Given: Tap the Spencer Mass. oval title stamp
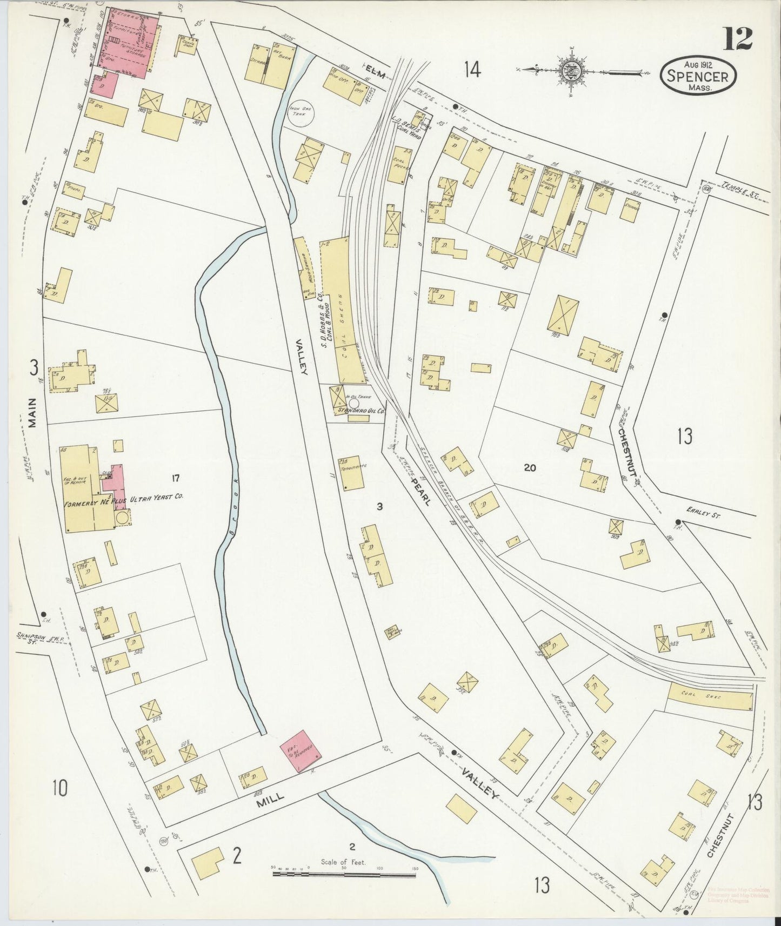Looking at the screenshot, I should click(697, 77).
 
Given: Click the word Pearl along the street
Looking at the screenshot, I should click(421, 490).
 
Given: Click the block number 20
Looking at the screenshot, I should click(529, 468).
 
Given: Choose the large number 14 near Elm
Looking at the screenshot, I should click(472, 70).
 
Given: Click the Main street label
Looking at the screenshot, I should click(34, 413).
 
